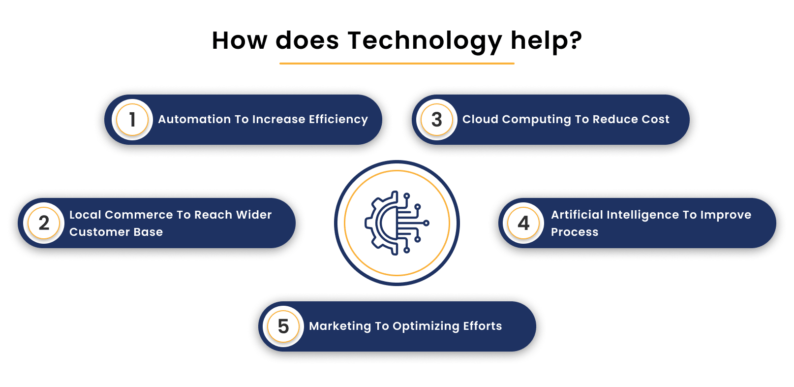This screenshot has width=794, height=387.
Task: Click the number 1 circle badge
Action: coord(132,120)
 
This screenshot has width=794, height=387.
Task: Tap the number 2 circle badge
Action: coord(44,223)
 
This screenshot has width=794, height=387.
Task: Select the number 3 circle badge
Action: coord(437,120)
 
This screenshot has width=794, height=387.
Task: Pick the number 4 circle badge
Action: coord(523,223)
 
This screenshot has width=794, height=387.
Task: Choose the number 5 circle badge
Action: coord(283,326)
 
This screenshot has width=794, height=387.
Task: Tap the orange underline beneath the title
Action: coord(397,64)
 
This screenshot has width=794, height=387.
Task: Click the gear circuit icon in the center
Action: coord(397,223)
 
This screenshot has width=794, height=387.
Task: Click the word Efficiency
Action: coord(338,120)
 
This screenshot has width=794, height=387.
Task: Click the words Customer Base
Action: coord(116,232)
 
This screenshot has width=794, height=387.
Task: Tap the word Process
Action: coord(575,232)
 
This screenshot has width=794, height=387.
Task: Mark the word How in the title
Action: coord(239,40)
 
